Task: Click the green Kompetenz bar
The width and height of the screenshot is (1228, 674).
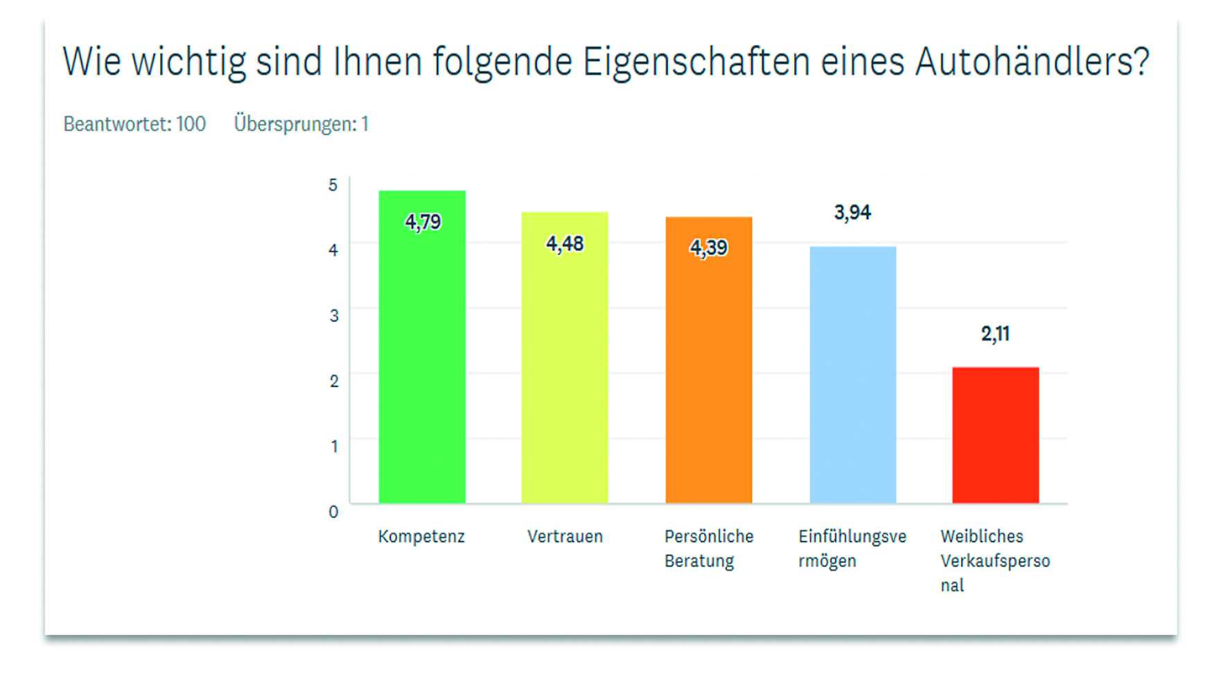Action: click(x=422, y=361)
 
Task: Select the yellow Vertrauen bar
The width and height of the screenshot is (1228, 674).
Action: click(x=565, y=374)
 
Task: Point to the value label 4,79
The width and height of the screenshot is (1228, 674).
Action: click(x=423, y=222)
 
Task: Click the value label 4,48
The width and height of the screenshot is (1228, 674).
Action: click(x=565, y=243)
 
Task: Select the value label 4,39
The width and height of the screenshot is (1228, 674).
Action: click(x=708, y=248)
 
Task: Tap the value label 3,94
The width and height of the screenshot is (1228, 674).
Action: click(x=852, y=212)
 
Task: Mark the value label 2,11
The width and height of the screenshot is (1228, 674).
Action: click(x=995, y=334)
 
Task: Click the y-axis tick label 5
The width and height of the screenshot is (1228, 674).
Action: click(x=333, y=185)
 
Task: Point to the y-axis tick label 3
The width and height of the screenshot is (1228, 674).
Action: click(x=334, y=316)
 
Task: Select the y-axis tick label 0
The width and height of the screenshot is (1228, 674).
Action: click(x=333, y=512)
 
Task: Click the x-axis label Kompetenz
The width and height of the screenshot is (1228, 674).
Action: click(x=421, y=537)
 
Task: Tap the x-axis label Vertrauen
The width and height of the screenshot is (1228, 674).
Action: click(x=565, y=537)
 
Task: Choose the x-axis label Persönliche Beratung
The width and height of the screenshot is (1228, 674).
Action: click(x=708, y=548)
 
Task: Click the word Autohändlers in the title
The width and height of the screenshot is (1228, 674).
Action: click(x=1032, y=62)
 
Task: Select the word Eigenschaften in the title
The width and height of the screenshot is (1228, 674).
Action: click(x=696, y=62)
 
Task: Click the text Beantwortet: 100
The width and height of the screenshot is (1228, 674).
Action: click(x=134, y=124)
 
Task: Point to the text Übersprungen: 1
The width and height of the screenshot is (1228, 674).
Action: click(x=301, y=124)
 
